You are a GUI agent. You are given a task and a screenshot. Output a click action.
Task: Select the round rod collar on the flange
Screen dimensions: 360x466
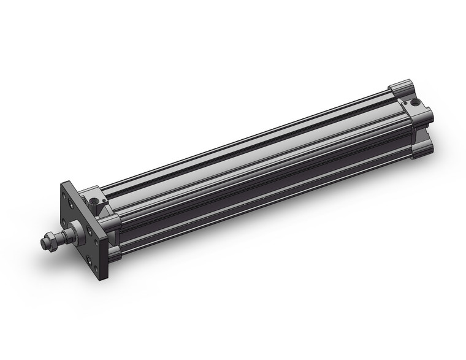pos(76,232)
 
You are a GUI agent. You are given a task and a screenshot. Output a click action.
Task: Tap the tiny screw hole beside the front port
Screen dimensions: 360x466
pos(103,198)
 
